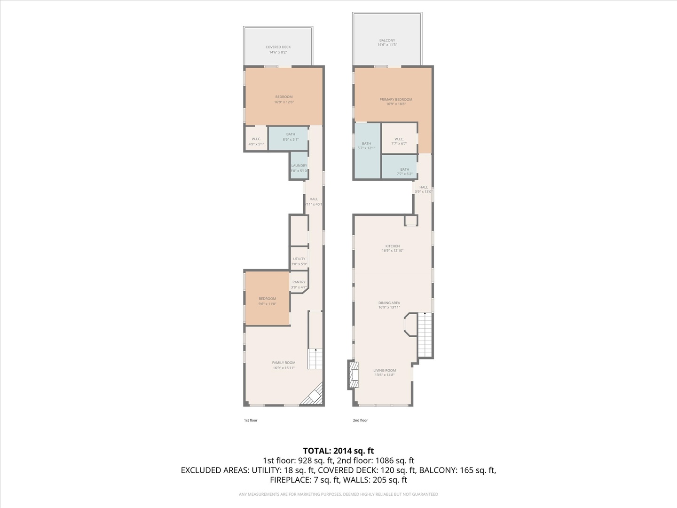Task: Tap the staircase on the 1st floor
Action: pos(315,359)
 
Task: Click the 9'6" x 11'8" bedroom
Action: pos(267,301)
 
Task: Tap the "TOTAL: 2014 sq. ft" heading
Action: pos(338,451)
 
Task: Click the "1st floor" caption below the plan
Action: pos(251,421)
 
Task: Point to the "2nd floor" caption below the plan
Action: pos(360,421)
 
